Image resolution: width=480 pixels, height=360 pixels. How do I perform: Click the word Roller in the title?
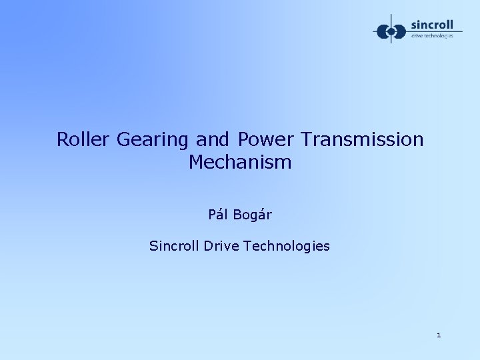click(x=83, y=140)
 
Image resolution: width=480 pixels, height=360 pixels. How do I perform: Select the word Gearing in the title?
click(x=154, y=141)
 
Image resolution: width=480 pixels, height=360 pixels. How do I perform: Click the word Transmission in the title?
click(x=362, y=140)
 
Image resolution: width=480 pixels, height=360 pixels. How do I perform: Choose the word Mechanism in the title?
click(x=240, y=162)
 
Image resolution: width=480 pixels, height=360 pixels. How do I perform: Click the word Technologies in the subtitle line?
click(x=289, y=247)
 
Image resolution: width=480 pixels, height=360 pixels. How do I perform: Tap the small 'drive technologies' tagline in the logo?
click(x=433, y=36)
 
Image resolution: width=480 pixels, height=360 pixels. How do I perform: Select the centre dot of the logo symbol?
click(x=390, y=31)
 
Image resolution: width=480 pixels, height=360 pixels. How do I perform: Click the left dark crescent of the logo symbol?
click(x=381, y=31)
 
